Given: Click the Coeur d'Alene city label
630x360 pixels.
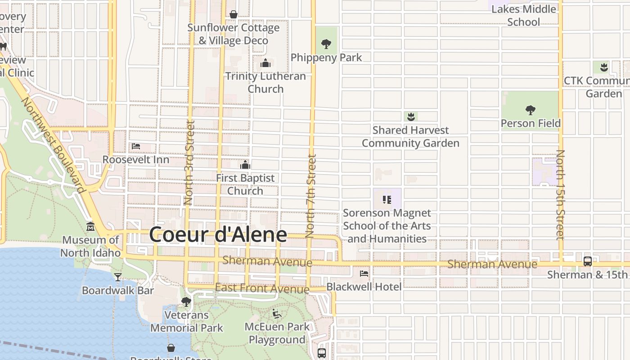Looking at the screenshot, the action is click(x=218, y=234).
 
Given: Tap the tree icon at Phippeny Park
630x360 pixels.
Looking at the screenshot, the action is click(x=326, y=44).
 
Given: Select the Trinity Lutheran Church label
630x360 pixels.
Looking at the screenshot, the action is click(x=265, y=82).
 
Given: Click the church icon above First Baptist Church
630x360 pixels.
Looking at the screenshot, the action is click(x=245, y=165).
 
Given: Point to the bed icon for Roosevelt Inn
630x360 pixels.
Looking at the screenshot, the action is click(x=136, y=146).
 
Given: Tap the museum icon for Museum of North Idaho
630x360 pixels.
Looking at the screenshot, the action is click(x=90, y=226).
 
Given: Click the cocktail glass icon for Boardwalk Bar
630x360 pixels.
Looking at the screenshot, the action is click(x=118, y=277).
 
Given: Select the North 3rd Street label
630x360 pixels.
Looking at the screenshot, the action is click(x=189, y=162).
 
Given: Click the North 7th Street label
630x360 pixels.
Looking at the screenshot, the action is click(x=310, y=196).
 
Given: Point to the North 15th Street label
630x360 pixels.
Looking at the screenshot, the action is click(x=560, y=195).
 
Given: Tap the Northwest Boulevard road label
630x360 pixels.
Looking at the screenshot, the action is click(x=53, y=145).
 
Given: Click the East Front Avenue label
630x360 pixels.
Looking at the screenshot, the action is click(x=262, y=288).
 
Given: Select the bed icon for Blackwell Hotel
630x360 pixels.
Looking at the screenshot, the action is click(x=364, y=273).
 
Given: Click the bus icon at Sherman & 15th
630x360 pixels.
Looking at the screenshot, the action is click(x=587, y=261).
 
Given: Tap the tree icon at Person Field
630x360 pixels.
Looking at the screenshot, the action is click(x=531, y=110).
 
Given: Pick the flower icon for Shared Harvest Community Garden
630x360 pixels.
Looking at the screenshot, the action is click(x=410, y=117).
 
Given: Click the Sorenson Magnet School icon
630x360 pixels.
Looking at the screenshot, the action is click(x=387, y=199).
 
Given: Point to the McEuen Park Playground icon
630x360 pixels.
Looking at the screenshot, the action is click(x=277, y=314).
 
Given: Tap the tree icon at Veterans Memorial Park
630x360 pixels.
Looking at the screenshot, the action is click(x=186, y=302).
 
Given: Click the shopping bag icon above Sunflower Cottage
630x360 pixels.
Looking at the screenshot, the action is click(x=234, y=15).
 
